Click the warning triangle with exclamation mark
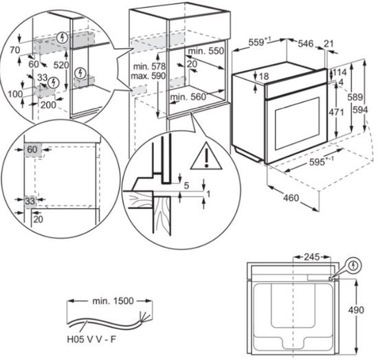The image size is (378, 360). (206, 157)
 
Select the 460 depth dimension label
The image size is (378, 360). (291, 198)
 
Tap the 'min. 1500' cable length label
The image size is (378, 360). (113, 301)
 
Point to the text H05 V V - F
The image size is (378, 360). (91, 339)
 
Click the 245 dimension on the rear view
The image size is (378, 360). (311, 257)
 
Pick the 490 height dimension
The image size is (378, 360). (356, 310)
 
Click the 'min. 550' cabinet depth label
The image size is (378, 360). (206, 51)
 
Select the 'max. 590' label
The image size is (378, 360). (148, 76)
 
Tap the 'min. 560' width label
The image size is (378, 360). (188, 97)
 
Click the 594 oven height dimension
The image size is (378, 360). (360, 110)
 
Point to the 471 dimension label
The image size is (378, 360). (336, 112)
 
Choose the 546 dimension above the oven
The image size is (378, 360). (306, 43)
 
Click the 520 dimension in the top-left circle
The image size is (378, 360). (61, 65)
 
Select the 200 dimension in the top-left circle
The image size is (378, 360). (48, 105)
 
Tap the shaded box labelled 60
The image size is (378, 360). (32, 150)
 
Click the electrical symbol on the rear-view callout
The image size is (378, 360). (353, 266)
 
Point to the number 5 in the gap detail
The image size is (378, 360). (186, 185)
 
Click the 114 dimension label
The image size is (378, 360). (340, 72)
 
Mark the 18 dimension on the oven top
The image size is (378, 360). (264, 76)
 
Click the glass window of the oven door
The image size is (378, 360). (298, 124)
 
